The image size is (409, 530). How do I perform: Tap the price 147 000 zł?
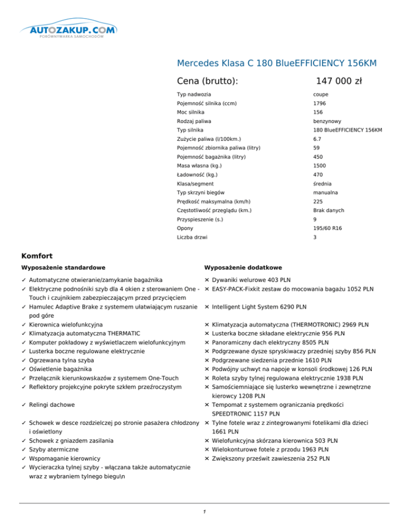(x=339, y=81)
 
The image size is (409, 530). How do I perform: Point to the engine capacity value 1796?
(x=320, y=103)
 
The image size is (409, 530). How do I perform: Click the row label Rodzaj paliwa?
(x=193, y=121)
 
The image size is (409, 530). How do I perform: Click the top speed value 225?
(x=318, y=201)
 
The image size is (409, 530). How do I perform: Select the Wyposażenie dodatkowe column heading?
(x=243, y=267)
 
